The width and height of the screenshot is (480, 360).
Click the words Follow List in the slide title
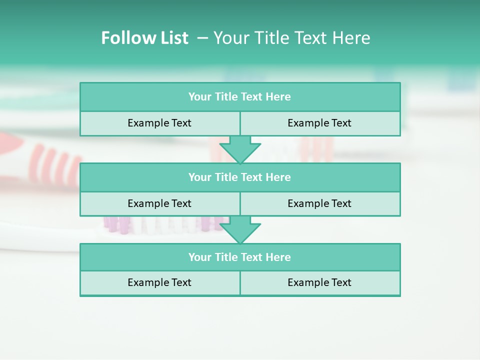point(144,38)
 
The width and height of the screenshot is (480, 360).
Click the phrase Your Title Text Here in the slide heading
point(292,38)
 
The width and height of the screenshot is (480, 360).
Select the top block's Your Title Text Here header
point(239,97)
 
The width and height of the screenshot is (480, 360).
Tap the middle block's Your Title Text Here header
point(239,177)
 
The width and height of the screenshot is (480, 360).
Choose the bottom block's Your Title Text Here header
point(239,257)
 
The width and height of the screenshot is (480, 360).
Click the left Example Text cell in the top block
point(159,123)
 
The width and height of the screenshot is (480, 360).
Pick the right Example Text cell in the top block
point(319,123)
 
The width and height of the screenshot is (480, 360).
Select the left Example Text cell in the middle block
point(159,203)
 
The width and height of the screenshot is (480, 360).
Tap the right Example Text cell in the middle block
point(319,203)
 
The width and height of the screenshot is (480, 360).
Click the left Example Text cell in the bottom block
point(159,282)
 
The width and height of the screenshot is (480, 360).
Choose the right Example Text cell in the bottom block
point(319,282)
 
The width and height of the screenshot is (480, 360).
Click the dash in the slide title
point(202,38)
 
